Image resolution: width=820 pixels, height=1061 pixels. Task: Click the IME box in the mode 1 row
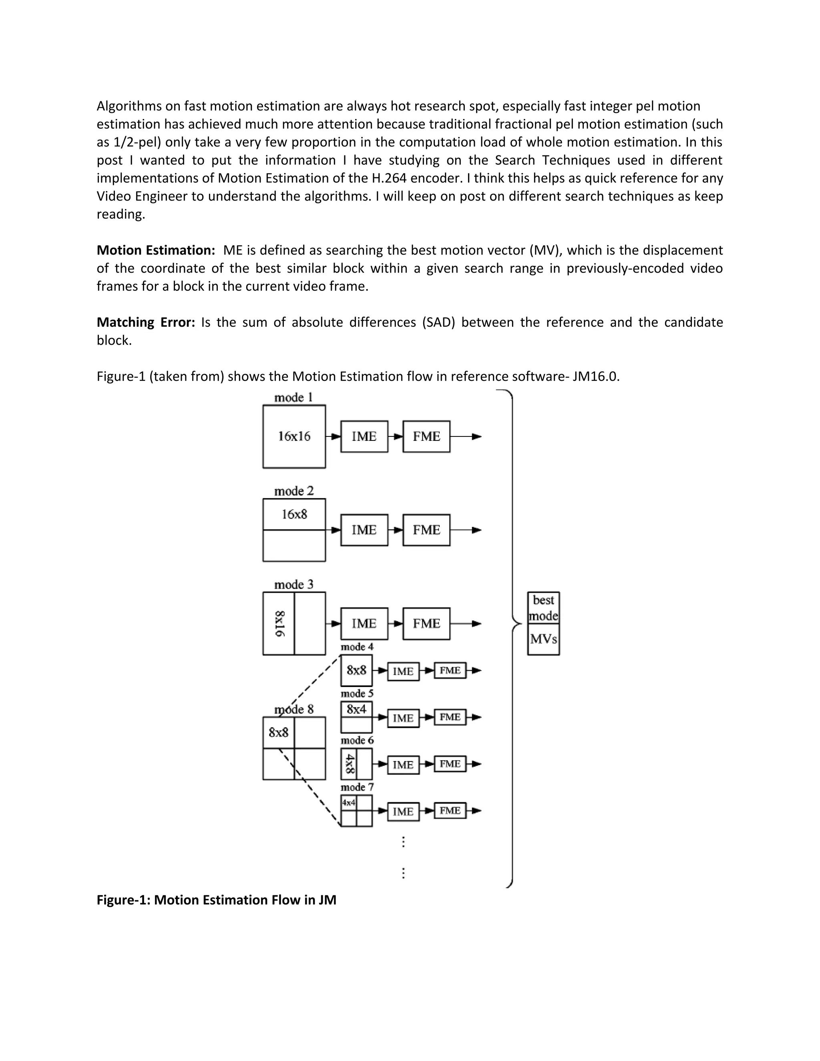364,436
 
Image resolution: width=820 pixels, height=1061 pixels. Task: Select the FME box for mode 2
426,530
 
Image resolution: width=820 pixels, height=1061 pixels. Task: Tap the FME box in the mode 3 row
426,623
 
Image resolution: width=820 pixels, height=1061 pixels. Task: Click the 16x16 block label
294,436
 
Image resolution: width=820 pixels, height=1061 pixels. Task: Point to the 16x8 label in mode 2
294,514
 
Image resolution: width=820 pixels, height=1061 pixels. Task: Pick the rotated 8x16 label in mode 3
280,624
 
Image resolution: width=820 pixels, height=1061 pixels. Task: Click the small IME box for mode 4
403,671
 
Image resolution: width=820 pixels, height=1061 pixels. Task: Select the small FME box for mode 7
450,810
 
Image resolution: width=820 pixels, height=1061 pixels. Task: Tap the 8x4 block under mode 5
356,709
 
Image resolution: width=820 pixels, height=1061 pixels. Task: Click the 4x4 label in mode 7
348,802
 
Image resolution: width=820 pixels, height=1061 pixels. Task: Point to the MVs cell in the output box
543,639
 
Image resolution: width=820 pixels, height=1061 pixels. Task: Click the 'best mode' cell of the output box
543,608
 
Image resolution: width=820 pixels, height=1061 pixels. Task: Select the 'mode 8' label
294,709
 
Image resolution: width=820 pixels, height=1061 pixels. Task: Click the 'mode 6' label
357,740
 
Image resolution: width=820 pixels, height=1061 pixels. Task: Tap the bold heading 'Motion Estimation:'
156,250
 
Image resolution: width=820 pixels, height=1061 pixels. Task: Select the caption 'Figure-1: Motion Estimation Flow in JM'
216,900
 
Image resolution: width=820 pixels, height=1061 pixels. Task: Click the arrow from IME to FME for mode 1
396,436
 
